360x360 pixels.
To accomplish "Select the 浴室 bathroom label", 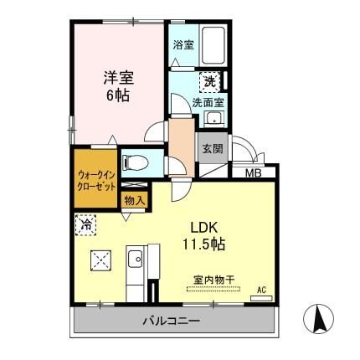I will (183, 44).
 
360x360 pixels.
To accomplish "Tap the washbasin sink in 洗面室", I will (216, 119).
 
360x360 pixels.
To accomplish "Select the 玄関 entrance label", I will (210, 150).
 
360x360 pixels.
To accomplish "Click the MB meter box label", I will (250, 174).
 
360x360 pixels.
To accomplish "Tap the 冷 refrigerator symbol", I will (85, 224).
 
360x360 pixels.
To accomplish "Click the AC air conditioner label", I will (261, 289).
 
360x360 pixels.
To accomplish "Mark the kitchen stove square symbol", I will (100, 260).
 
